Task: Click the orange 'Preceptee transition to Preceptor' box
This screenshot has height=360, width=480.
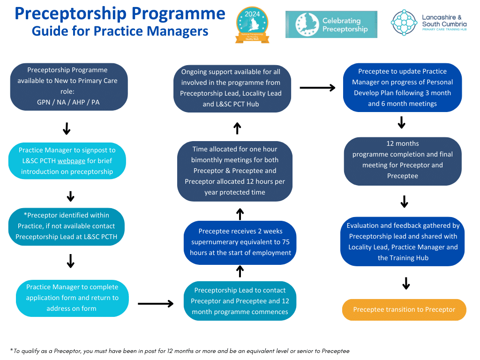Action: (x=404, y=309)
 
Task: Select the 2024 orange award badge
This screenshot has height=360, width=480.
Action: (x=252, y=25)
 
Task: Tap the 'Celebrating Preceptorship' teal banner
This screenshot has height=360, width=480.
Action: (x=331, y=24)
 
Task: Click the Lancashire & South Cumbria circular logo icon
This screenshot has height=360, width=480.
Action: (x=404, y=22)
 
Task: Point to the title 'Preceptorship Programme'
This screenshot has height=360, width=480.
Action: (x=120, y=13)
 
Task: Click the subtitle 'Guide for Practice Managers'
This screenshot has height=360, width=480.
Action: (x=120, y=31)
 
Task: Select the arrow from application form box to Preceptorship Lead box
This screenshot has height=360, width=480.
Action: (x=156, y=304)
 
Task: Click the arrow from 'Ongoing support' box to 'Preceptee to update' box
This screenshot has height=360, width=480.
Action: (x=317, y=88)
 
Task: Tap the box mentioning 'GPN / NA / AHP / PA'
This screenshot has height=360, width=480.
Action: (x=69, y=86)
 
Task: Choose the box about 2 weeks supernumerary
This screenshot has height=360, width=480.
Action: (x=240, y=242)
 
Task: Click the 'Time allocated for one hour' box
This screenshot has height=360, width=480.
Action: (x=235, y=171)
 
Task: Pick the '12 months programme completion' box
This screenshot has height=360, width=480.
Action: (x=403, y=160)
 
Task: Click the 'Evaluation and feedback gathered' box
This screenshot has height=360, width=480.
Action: (x=403, y=241)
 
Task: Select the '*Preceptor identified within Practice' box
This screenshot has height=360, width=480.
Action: (x=66, y=226)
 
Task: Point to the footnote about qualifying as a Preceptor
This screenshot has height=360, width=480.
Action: (x=180, y=351)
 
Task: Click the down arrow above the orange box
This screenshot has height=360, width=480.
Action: (x=406, y=283)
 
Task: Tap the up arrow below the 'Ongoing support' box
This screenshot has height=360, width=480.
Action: (x=237, y=127)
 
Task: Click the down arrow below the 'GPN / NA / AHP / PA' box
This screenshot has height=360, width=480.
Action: (x=67, y=128)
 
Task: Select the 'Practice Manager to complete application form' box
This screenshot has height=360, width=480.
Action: (x=72, y=298)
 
